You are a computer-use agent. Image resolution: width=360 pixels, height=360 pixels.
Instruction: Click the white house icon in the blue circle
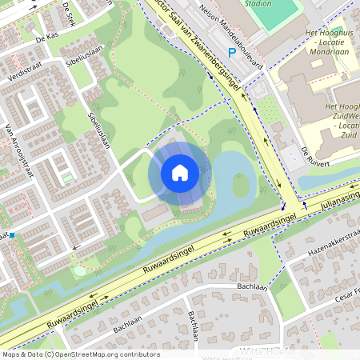tap(180, 172)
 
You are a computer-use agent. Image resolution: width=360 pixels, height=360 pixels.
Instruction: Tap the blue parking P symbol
tap(232, 53)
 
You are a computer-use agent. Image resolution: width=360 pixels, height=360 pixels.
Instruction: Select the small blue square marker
tap(12, 235)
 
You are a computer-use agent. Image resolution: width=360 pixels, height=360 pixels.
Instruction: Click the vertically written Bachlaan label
tap(194, 325)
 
